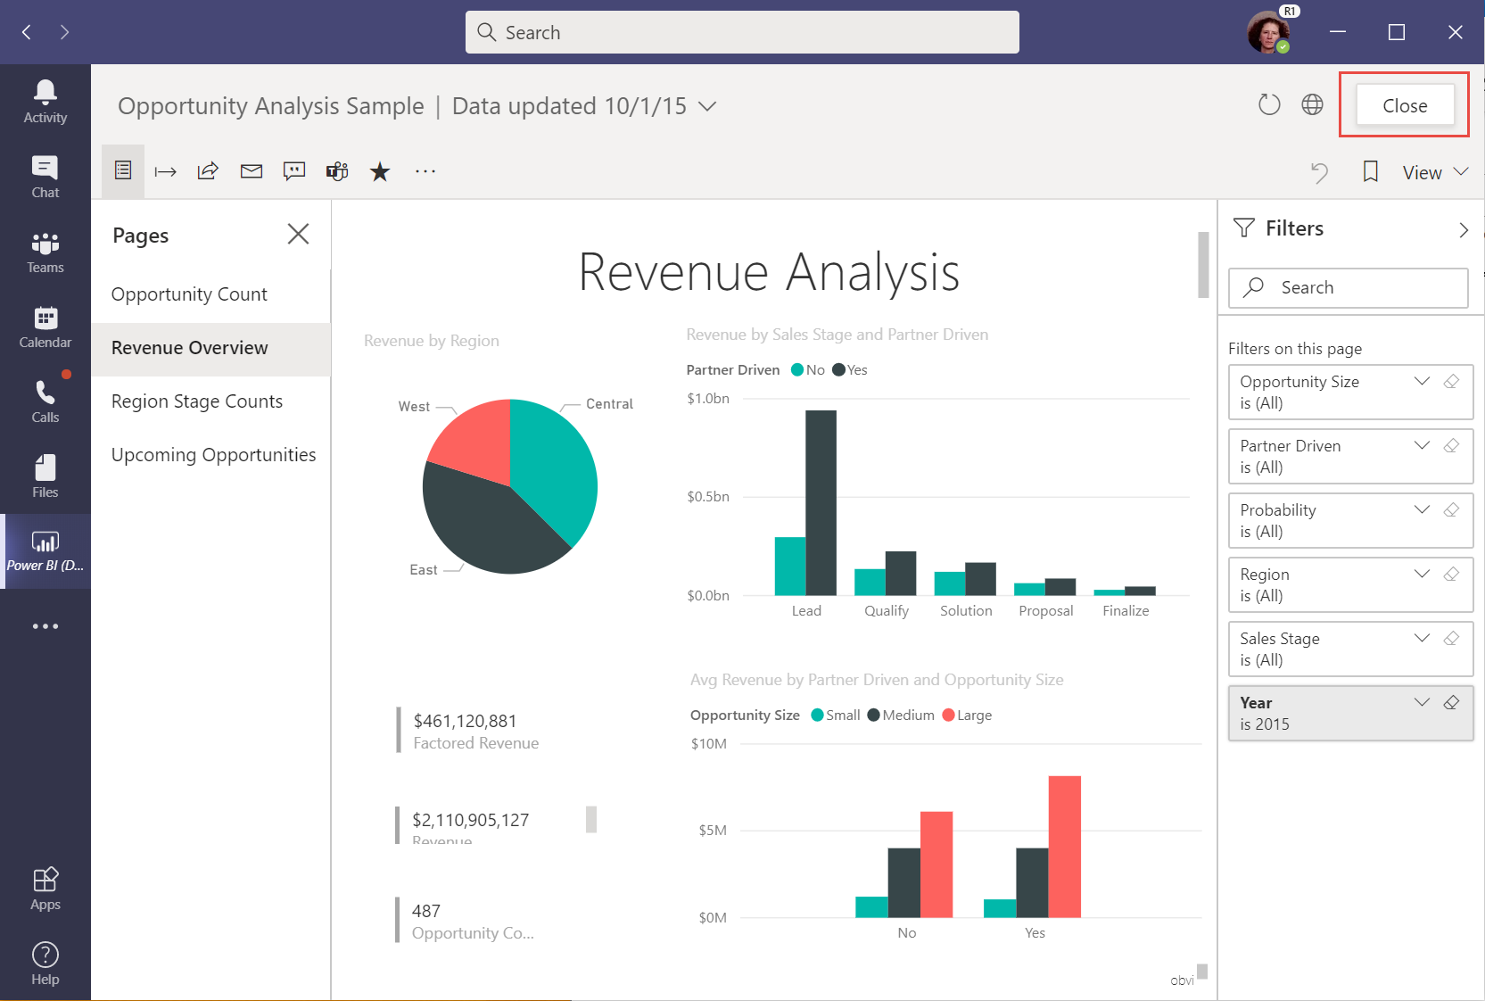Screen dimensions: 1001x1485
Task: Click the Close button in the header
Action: coord(1404,105)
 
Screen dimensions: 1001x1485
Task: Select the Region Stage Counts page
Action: coord(197,401)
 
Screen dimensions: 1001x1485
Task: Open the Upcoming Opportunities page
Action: coord(213,455)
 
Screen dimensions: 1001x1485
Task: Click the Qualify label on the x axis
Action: coord(886,611)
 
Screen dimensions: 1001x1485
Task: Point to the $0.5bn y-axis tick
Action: coord(708,497)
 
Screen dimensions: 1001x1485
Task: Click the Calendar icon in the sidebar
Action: coord(45,327)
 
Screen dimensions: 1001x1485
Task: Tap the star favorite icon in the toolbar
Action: coord(380,171)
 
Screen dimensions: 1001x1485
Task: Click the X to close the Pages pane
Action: coord(298,234)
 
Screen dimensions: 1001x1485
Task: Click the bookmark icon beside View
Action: coord(1370,171)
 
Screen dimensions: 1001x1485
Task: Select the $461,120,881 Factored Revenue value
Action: coord(465,721)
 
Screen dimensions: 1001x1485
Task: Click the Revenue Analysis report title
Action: coord(769,272)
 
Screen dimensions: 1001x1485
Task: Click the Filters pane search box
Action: coord(1349,287)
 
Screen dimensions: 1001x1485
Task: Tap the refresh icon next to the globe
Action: coord(1268,105)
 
